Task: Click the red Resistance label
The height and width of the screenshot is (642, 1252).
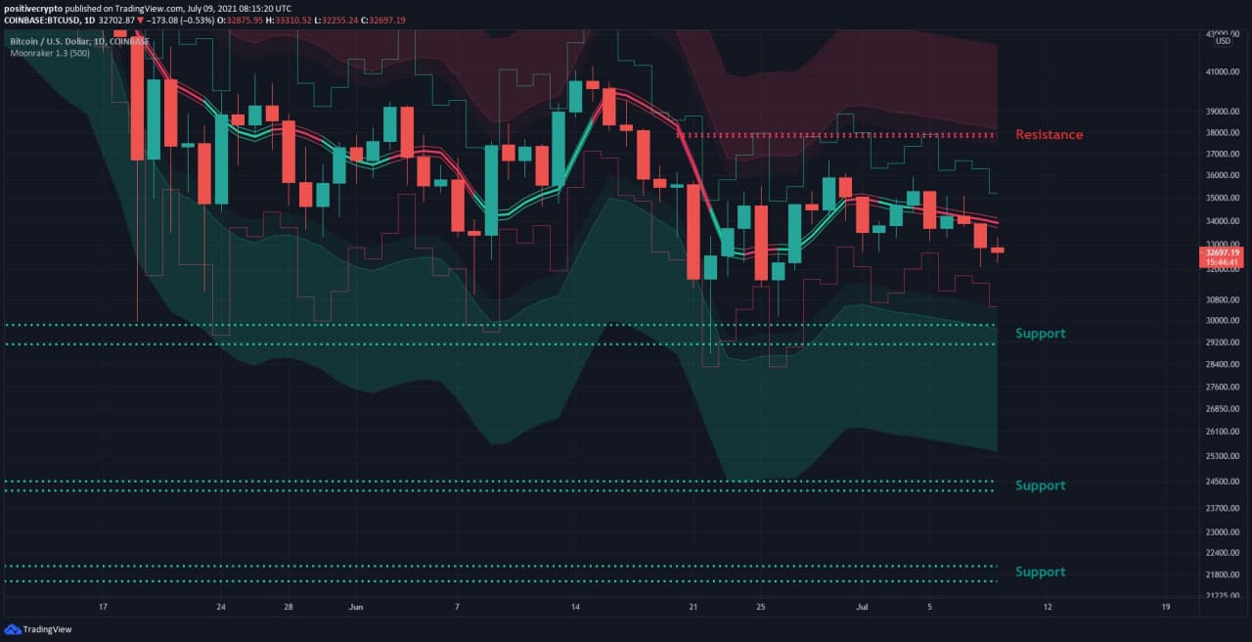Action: (x=1049, y=134)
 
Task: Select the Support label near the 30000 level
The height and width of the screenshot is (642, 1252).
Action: (x=1040, y=334)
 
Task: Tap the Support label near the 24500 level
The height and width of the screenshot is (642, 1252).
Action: (x=1040, y=485)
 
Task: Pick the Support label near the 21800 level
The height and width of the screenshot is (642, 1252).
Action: (x=1040, y=572)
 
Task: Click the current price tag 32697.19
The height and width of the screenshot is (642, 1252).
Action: (x=1223, y=252)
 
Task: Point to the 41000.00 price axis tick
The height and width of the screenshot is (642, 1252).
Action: (x=1223, y=72)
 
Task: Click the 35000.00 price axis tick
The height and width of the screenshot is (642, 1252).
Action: (x=1223, y=198)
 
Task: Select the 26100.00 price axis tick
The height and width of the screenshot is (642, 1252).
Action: (x=1223, y=432)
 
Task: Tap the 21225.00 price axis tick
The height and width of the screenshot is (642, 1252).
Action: (x=1223, y=595)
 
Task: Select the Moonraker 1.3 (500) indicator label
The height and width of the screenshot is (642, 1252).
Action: (x=50, y=53)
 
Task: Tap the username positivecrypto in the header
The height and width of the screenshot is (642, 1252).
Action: (x=34, y=8)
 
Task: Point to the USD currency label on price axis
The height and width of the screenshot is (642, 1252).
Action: (x=1223, y=41)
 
